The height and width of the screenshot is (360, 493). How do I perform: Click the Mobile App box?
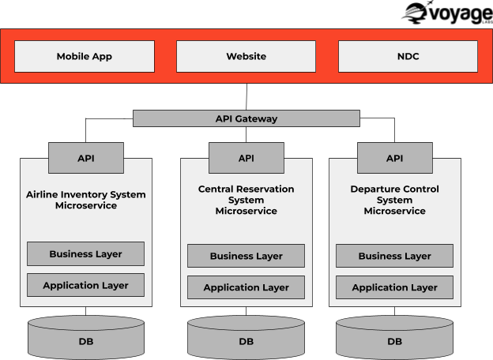coord(85,57)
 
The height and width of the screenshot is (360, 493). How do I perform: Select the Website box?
coord(246,57)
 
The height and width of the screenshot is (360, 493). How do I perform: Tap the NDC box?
coord(408,57)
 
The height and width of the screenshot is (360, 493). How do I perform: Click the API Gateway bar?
coord(246,118)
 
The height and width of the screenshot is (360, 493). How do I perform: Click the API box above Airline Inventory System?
coord(86,158)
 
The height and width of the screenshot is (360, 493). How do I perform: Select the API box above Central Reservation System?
coord(246,158)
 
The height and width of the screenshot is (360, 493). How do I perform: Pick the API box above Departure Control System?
coord(394,158)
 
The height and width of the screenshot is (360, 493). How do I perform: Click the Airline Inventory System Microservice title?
coord(86,200)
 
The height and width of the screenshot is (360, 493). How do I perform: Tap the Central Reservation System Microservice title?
coord(246,201)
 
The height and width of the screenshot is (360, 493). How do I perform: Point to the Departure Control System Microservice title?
coord(394,201)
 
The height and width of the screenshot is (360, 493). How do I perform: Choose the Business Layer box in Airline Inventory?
coord(86,254)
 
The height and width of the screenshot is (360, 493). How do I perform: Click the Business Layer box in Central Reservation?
coord(246,256)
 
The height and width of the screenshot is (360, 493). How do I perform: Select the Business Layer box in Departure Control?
coord(394,256)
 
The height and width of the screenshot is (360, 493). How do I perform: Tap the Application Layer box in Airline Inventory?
coord(86,285)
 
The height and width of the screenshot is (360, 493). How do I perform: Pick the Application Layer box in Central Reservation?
coord(246,287)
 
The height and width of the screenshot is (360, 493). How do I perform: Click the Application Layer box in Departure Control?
coord(394,287)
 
